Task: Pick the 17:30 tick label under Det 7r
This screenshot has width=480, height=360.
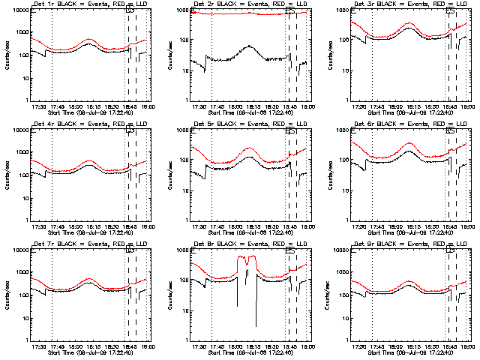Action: [38, 346]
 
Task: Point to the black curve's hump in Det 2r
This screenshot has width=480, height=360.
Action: [249, 47]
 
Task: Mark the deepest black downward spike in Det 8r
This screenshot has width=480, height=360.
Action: [255, 325]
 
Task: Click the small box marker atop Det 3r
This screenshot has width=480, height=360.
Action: [451, 10]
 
